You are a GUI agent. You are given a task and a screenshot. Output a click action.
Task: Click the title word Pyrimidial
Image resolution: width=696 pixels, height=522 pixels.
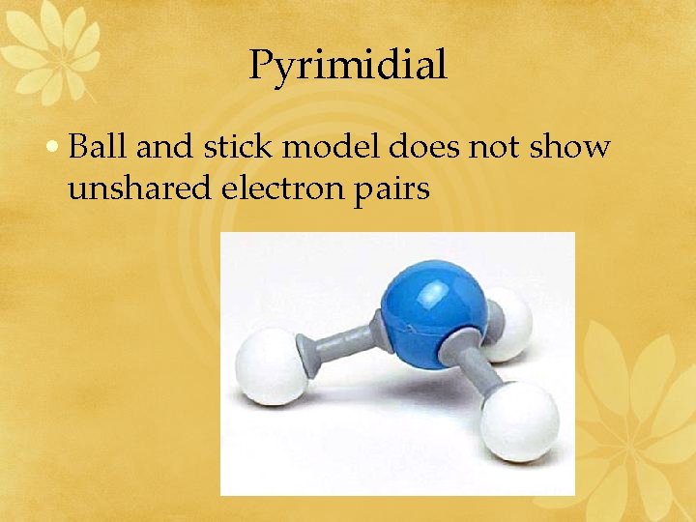348,66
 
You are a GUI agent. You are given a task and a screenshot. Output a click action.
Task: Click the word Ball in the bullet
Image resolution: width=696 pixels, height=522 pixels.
100,147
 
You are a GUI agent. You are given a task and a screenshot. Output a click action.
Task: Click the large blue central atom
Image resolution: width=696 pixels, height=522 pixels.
432,300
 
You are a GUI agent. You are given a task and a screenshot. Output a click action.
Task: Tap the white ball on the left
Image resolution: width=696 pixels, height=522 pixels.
270,367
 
